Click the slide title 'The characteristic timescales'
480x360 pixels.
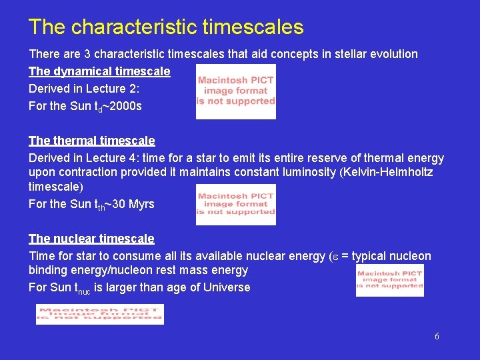(166, 27)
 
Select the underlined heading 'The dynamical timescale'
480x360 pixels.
(99, 71)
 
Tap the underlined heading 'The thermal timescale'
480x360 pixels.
(91, 141)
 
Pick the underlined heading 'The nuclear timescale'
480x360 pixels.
(91, 239)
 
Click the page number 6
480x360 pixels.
(437, 337)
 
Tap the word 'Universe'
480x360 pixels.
(227, 288)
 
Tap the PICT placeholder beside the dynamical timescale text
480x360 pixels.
(235, 91)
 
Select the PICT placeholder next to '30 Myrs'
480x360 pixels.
(235, 205)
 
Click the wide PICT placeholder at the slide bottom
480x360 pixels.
(100, 314)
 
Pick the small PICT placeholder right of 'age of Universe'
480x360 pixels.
(390, 280)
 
